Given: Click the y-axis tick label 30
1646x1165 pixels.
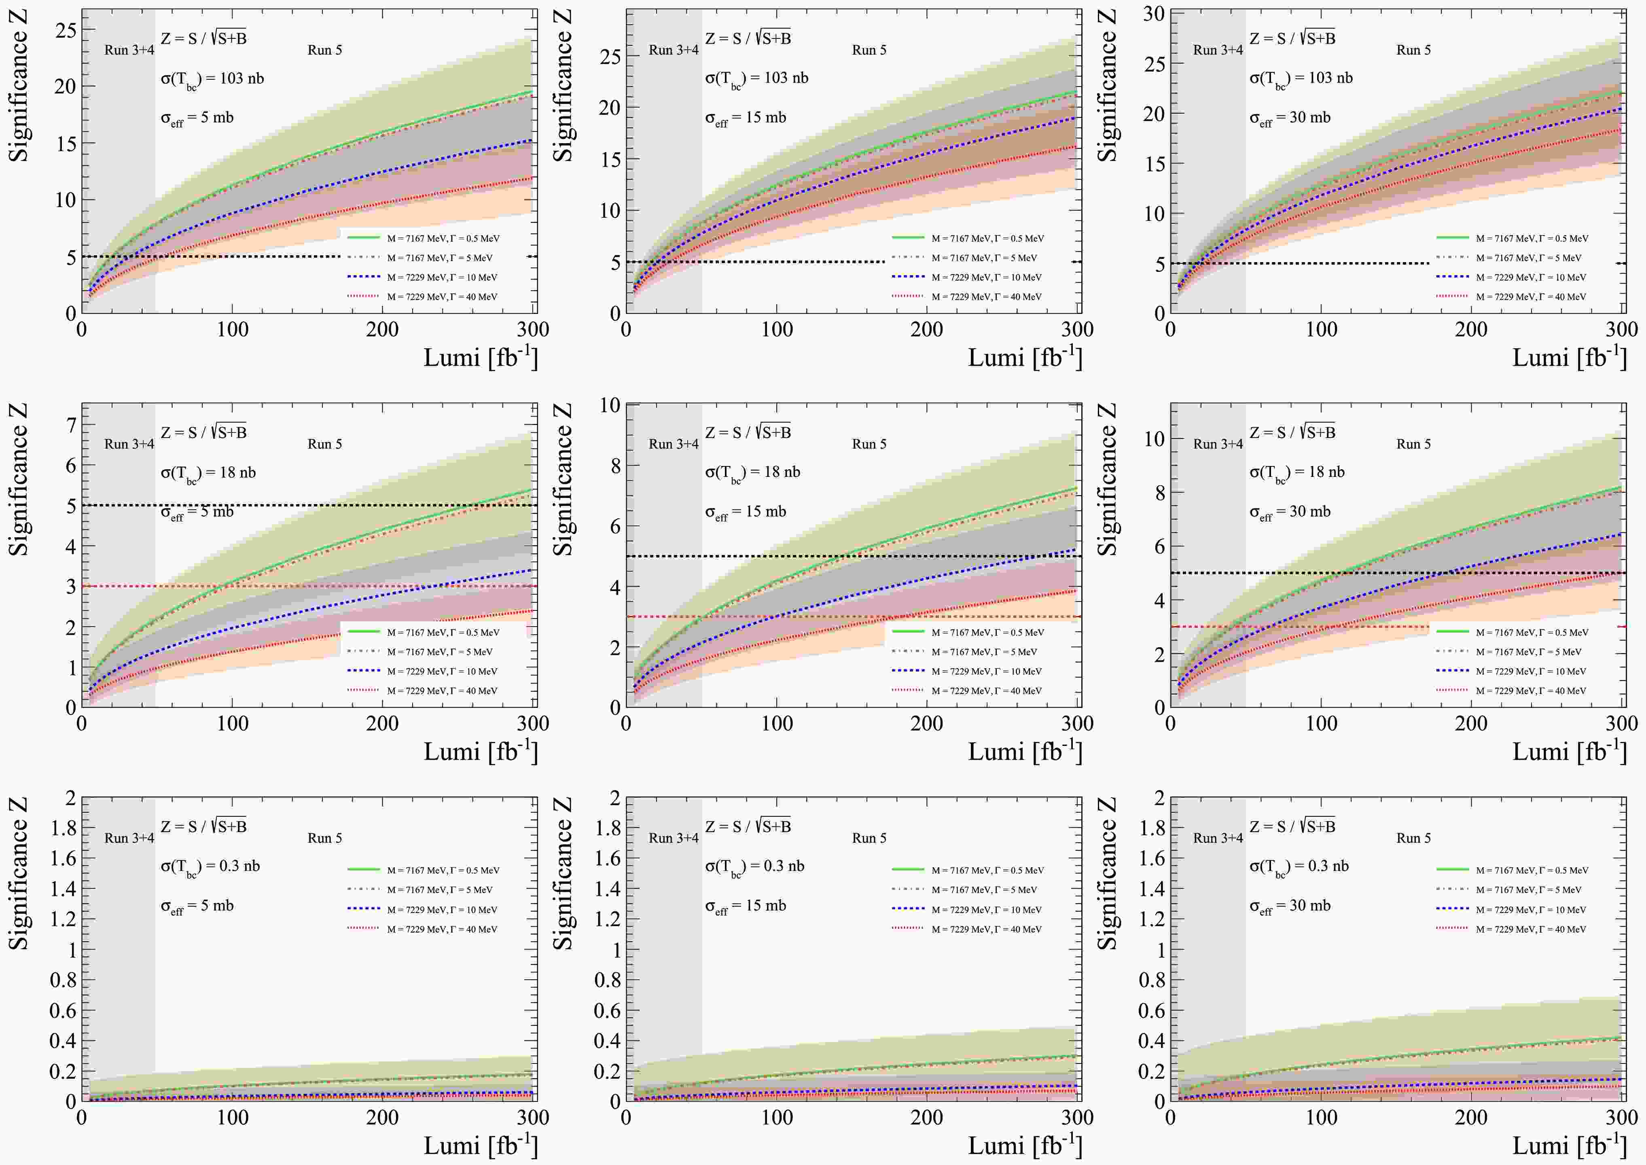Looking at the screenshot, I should coord(1153,14).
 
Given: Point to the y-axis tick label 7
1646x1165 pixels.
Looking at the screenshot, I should coord(70,426).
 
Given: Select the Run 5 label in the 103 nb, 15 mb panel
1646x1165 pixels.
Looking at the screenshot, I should coord(869,50).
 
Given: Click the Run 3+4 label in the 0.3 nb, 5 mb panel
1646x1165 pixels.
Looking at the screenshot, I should coord(129,838).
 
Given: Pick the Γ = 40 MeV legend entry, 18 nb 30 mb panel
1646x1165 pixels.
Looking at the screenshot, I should coord(1531,691).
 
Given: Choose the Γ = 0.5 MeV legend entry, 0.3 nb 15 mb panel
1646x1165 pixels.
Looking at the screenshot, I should coord(987,870).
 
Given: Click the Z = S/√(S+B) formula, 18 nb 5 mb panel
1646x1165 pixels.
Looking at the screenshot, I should coord(204,432).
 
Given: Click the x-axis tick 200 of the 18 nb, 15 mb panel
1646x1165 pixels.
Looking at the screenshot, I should coord(927,723).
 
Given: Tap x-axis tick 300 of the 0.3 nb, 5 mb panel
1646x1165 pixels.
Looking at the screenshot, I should coord(533,1117).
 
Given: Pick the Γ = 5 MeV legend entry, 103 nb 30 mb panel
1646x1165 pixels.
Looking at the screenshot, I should coord(1527,258).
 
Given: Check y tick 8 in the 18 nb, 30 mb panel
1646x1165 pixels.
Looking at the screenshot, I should coord(1159,493).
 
